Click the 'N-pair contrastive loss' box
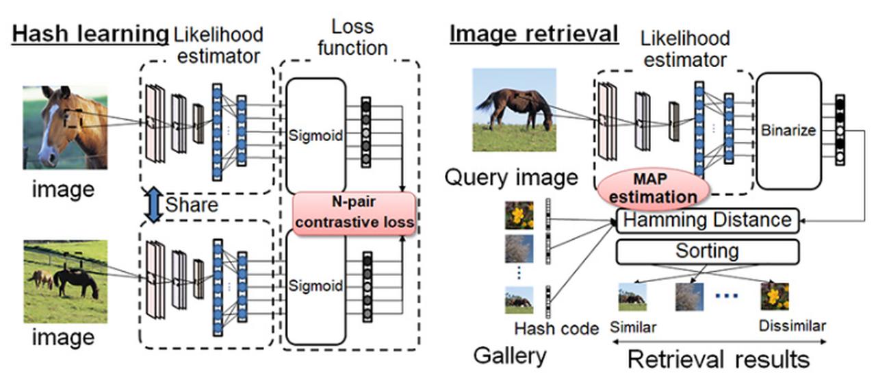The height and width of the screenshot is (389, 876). [x=354, y=212]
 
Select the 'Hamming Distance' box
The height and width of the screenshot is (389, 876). [x=707, y=221]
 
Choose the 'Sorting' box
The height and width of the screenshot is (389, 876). [x=707, y=251]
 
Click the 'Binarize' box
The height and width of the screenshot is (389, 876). [x=788, y=130]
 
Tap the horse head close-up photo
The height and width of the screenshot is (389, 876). [x=65, y=127]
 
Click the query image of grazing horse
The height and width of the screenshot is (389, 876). [x=515, y=110]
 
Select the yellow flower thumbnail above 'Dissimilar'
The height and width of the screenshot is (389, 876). [x=775, y=296]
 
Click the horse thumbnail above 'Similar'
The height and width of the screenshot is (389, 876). [x=632, y=297]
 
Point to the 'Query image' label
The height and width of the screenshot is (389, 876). [x=511, y=178]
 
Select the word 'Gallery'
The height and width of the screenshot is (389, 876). [x=509, y=355]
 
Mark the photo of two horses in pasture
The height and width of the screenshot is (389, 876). [x=65, y=281]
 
